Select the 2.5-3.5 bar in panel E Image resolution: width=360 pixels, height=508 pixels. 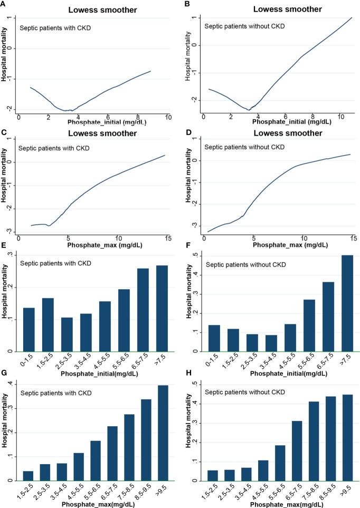click(x=67, y=334)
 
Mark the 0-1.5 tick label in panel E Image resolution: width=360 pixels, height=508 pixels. click(x=29, y=362)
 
